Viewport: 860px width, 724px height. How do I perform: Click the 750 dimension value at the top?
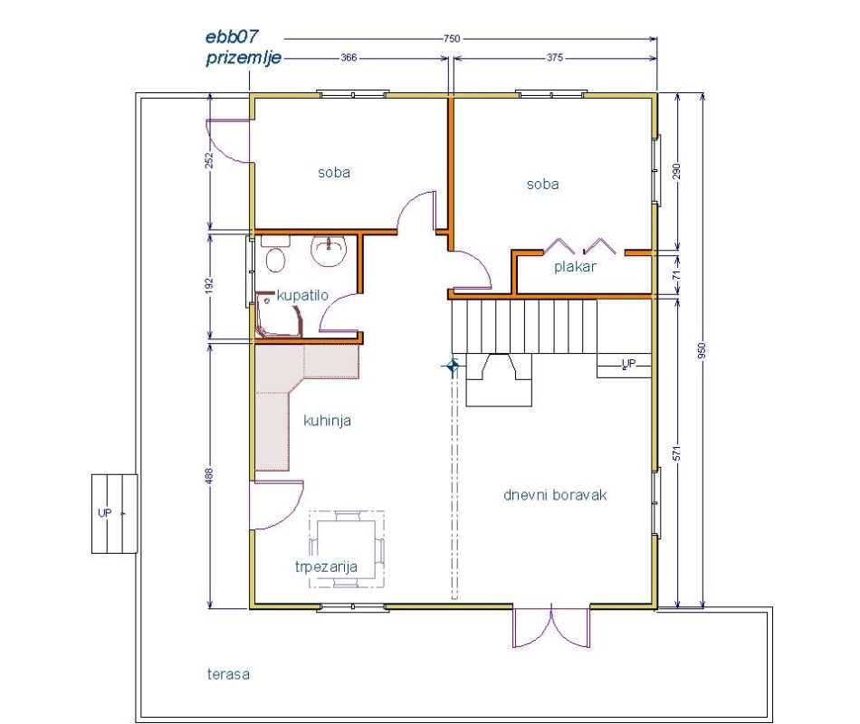point(452,38)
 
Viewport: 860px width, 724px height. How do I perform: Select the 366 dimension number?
point(349,57)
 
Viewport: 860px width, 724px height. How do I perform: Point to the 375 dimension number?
point(555,57)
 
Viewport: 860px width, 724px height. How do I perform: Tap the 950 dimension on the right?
point(702,350)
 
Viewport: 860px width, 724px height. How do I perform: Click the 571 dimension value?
point(677,453)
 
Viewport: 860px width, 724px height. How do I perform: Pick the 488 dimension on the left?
point(209,475)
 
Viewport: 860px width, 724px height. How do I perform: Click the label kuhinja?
point(327,421)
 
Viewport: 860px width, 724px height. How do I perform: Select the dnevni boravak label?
point(555,495)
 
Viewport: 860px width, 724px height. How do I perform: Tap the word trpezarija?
point(326,567)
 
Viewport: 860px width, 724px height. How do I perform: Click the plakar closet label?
point(575,267)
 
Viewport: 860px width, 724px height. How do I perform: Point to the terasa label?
point(228,674)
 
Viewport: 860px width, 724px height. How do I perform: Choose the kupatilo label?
point(302,295)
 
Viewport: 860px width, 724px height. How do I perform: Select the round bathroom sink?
point(329,251)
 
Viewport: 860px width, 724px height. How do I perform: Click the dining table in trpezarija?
point(347,549)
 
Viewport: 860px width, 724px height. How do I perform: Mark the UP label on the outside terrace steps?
point(104,513)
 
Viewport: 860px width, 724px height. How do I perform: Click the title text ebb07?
point(232,37)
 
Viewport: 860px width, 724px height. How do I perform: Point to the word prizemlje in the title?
point(244,58)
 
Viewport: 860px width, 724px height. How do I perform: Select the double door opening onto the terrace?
point(551,626)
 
